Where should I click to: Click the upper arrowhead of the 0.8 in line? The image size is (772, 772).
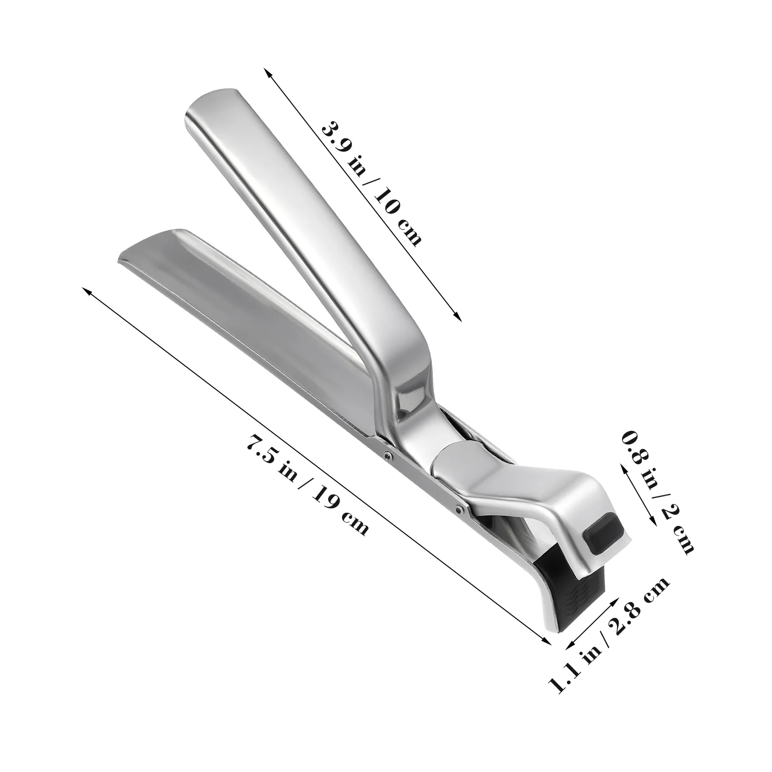pos(623,468)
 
